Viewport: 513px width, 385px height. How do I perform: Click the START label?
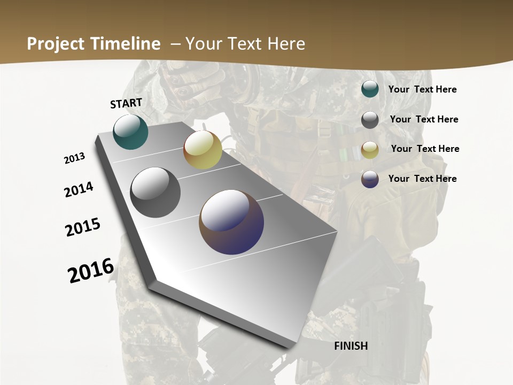coord(126,103)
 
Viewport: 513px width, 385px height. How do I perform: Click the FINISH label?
coord(351,346)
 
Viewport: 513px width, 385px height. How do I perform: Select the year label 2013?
coord(75,158)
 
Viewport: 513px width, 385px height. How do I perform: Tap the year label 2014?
coord(79,190)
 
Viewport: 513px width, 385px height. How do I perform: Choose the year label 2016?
coord(91,270)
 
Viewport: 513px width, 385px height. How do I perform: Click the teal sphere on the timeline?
coord(131,132)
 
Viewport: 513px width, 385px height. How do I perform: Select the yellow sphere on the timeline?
coord(203,150)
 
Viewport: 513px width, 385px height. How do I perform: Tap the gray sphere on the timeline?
coord(155,192)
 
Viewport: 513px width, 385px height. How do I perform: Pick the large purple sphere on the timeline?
coord(231,222)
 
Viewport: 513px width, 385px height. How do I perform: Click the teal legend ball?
coord(370,89)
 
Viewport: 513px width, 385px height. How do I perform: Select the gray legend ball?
coord(370,120)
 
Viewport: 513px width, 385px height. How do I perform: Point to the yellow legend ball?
coord(370,150)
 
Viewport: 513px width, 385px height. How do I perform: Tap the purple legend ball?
coord(370,179)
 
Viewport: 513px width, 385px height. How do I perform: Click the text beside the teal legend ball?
coord(422,90)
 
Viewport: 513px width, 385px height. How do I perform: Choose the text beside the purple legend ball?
coord(422,179)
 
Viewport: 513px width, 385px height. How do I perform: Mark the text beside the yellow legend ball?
coord(425,149)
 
